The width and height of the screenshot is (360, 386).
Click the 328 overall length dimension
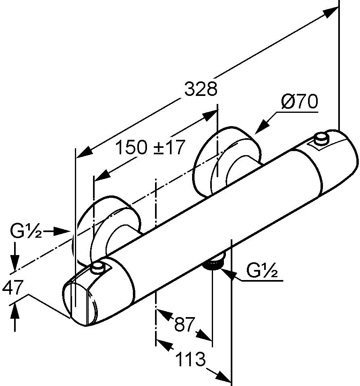(201, 89)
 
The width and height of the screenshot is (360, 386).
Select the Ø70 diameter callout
(300, 101)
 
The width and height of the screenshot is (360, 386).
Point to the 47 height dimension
(12, 287)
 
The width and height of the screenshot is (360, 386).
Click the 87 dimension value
(184, 324)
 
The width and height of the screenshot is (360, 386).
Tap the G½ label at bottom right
(262, 271)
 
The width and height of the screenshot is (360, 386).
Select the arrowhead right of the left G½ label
(61, 232)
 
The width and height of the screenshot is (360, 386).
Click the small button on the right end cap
(321, 138)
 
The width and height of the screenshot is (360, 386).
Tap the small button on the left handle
(97, 268)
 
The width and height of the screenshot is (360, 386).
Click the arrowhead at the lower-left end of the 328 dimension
(84, 153)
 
